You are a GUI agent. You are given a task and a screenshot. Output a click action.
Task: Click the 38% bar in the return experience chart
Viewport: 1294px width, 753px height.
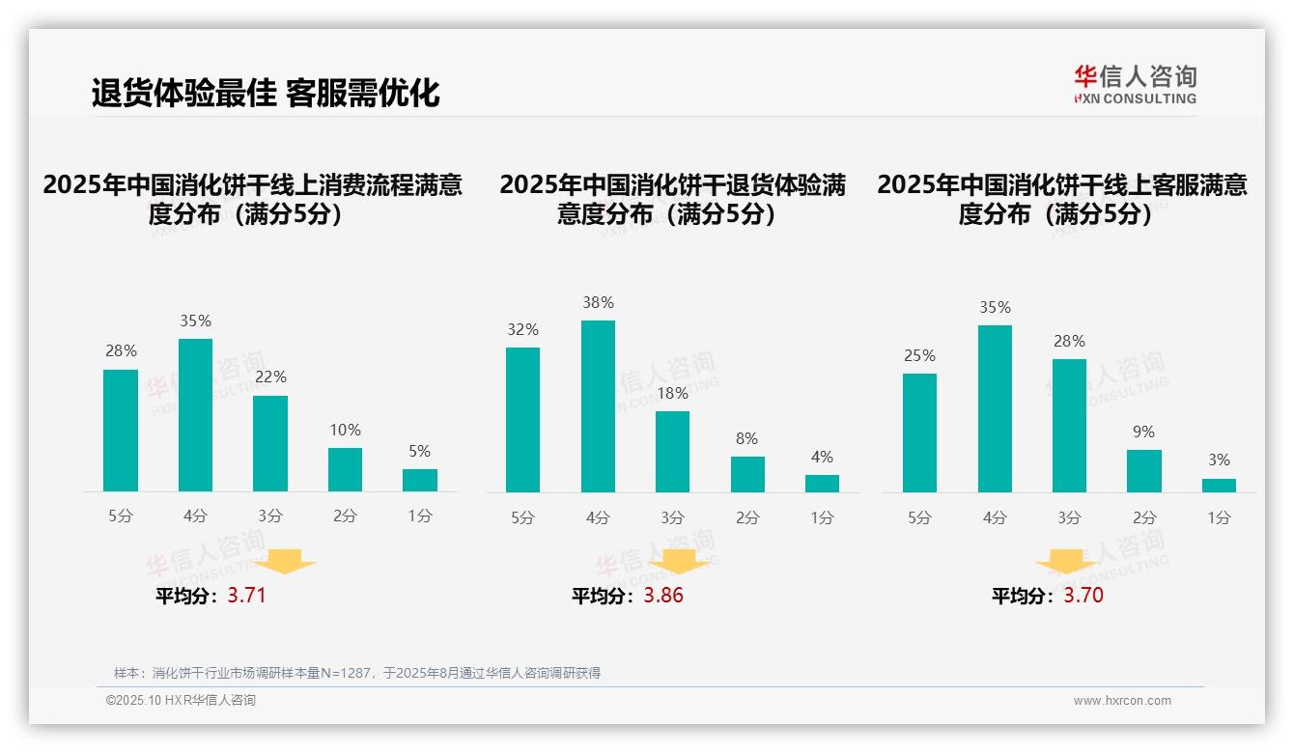(x=598, y=406)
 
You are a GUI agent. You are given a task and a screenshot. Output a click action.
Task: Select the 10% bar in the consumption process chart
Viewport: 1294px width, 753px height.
(x=345, y=470)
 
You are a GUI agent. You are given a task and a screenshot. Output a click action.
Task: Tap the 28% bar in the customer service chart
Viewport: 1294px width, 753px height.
(x=1069, y=426)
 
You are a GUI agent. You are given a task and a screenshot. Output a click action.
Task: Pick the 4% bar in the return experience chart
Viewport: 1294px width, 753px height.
(x=822, y=484)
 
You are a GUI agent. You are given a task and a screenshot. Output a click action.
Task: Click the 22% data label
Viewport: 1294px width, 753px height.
(x=270, y=376)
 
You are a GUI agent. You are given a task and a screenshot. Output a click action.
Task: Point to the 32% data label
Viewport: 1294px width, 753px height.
(x=522, y=329)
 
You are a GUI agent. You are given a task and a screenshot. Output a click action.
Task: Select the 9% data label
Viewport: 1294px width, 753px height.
(x=1143, y=432)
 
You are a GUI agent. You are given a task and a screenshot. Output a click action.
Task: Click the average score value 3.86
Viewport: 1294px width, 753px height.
(x=663, y=596)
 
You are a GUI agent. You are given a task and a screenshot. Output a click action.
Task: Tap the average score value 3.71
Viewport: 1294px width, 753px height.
(x=246, y=596)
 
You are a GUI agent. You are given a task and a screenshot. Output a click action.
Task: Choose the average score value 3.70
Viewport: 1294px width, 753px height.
(x=1083, y=596)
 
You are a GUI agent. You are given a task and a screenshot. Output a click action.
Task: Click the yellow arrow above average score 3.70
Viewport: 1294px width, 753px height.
(x=1066, y=563)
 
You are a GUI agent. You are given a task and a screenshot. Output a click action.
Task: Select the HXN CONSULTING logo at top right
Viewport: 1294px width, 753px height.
(x=1135, y=84)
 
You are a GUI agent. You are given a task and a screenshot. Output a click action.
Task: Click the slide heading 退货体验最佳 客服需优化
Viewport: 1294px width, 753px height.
(x=266, y=93)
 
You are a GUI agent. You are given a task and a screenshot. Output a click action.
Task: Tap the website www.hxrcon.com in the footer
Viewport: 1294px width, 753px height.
(x=1121, y=701)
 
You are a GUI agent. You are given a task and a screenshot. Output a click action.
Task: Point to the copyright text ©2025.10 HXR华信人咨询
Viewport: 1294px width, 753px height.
(x=181, y=701)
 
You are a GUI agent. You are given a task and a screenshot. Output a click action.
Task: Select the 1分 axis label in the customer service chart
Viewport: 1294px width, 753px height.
(x=1219, y=517)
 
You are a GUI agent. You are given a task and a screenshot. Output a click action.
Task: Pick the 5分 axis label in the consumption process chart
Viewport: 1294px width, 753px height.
(x=121, y=516)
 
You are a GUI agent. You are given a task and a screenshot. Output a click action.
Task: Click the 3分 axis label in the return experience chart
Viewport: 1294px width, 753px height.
(x=672, y=517)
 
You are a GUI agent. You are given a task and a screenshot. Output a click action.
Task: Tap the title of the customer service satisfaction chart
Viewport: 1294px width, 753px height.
(x=1061, y=199)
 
